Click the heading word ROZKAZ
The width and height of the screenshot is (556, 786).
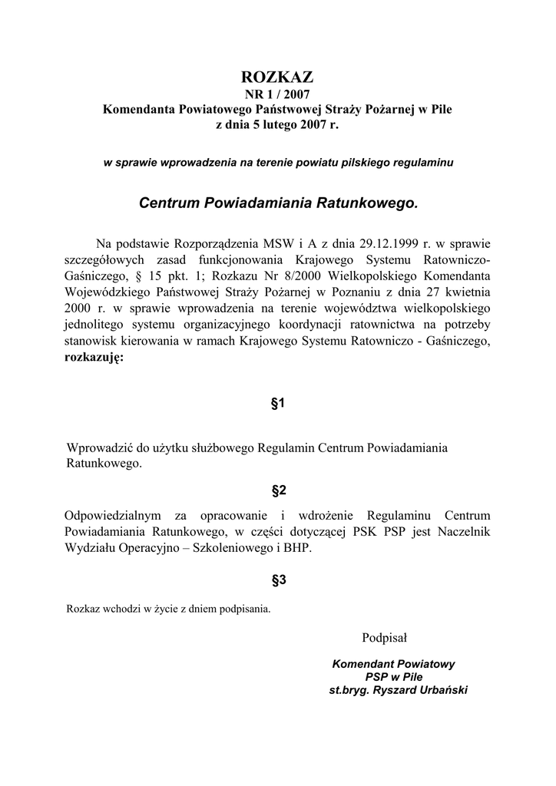[278, 78]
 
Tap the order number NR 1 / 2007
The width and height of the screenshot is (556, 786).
[278, 94]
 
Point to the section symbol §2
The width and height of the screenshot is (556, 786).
[278, 490]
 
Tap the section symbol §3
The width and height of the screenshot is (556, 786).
[278, 580]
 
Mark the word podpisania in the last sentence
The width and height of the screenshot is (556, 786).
[246, 610]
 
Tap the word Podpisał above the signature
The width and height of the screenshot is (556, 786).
[384, 637]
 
